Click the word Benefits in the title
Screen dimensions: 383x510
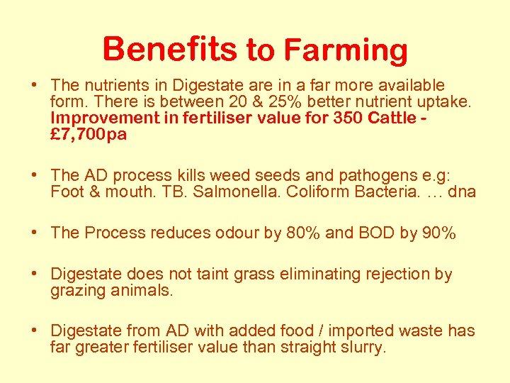(x=169, y=50)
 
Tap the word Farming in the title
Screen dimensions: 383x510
(x=346, y=51)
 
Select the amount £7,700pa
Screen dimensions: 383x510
(x=89, y=134)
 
